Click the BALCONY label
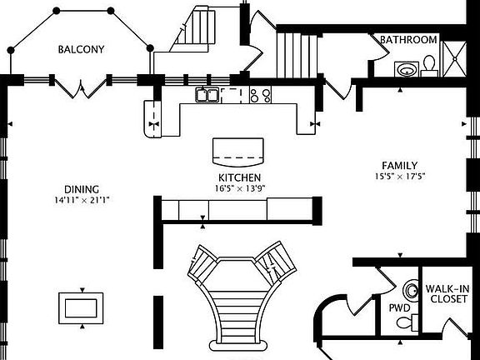click(x=81, y=50)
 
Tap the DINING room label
click(x=82, y=189)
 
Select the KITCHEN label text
click(x=239, y=177)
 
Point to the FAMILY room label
click(x=399, y=166)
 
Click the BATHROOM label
click(x=408, y=40)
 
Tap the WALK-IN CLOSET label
click(x=448, y=293)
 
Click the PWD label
click(x=399, y=307)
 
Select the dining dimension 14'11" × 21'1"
click(x=82, y=200)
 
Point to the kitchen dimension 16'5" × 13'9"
click(x=240, y=188)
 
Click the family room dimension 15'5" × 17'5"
click(x=400, y=177)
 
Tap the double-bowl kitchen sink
click(x=207, y=95)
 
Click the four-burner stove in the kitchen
click(x=260, y=95)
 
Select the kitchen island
click(x=238, y=152)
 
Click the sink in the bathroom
click(x=407, y=69)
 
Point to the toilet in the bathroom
click(x=429, y=66)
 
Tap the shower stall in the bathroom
click(x=455, y=59)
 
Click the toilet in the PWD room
click(x=407, y=322)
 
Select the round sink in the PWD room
click(x=411, y=290)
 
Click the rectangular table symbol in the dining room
click(x=81, y=308)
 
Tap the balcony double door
click(x=81, y=88)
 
